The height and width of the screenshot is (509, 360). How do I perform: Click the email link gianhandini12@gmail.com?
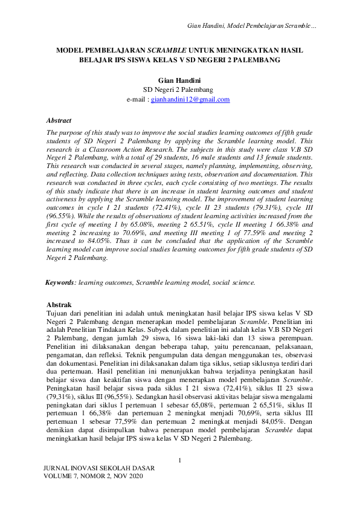click(x=190, y=99)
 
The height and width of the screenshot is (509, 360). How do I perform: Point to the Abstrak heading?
click(x=59, y=305)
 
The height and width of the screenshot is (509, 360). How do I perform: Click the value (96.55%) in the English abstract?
click(x=61, y=214)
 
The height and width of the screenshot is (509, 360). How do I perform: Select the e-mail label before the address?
click(x=137, y=99)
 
